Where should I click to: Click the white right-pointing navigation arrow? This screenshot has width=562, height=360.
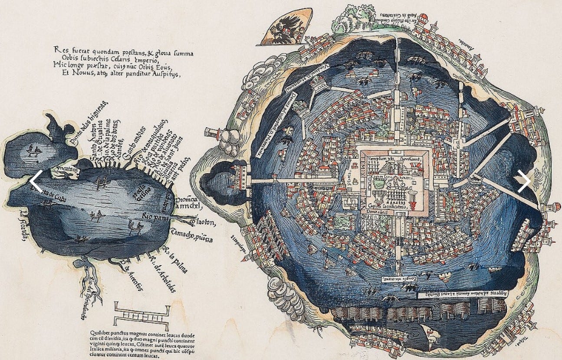[x=524, y=180]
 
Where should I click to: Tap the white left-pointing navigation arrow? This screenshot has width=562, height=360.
[x=36, y=181]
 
